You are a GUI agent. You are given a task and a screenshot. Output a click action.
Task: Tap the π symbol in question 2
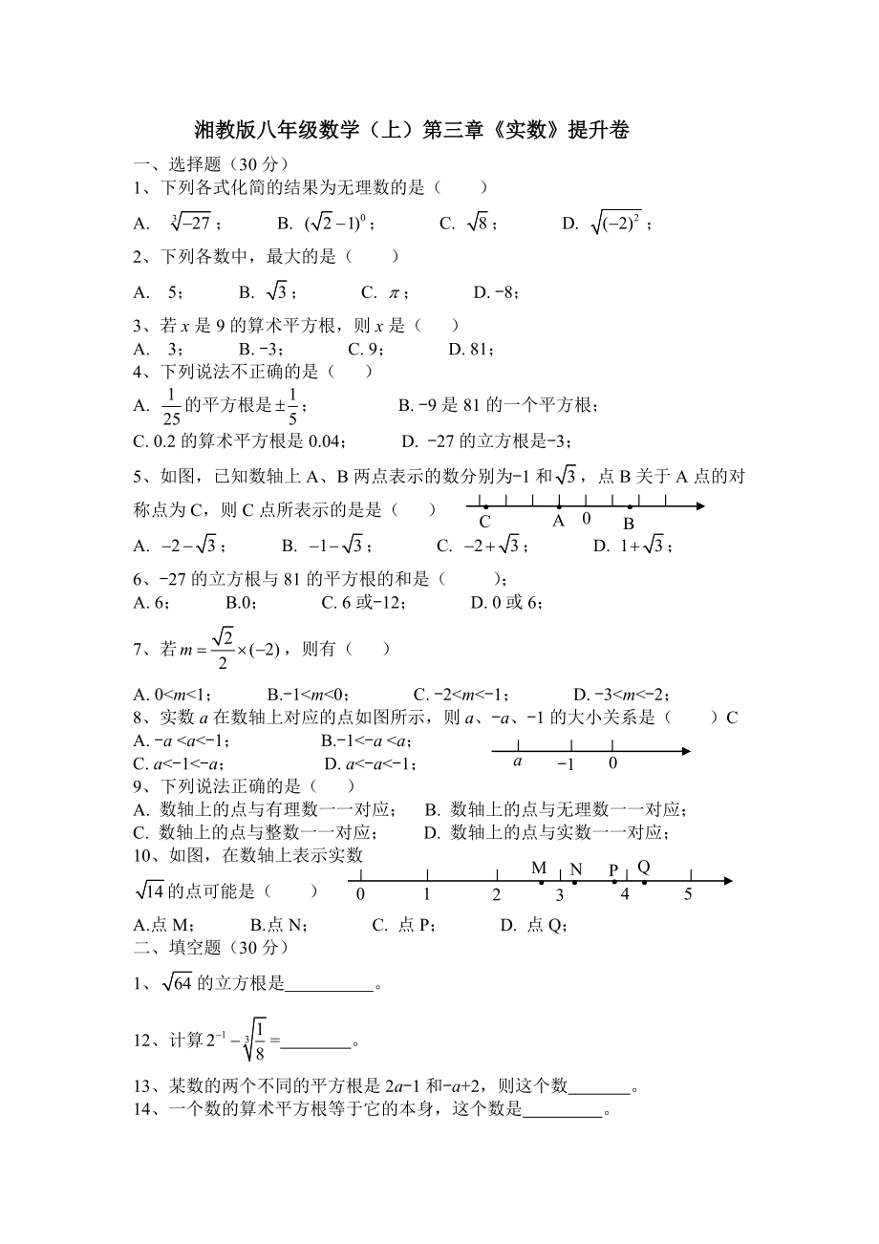[393, 292]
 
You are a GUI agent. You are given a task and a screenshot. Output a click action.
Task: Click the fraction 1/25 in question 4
[170, 406]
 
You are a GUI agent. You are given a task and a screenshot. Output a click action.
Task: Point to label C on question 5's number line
[484, 522]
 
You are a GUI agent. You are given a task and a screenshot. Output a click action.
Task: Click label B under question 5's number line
[629, 524]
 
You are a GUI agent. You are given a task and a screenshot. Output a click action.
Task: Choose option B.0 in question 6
[237, 603]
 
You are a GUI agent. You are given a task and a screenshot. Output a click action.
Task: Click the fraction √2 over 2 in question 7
[222, 649]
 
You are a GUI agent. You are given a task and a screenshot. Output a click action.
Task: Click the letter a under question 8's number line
[517, 761]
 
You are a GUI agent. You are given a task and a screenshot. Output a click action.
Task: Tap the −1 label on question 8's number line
[566, 763]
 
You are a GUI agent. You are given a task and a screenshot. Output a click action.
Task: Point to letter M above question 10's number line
[539, 868]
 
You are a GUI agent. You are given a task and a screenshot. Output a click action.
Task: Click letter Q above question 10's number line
[643, 867]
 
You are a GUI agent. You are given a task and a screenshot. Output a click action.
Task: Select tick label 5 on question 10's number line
[688, 895]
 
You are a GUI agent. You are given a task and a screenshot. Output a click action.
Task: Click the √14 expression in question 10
[150, 891]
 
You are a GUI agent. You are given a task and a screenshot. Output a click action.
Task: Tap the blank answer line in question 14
[564, 1111]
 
